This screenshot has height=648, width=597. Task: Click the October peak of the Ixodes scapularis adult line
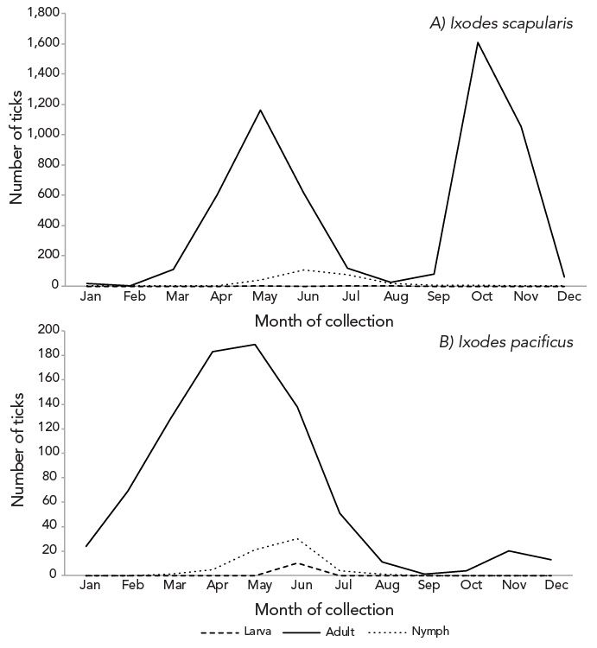[x=477, y=42]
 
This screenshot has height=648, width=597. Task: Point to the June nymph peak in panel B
[x=298, y=538]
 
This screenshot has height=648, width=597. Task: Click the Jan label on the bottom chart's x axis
[x=89, y=586]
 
